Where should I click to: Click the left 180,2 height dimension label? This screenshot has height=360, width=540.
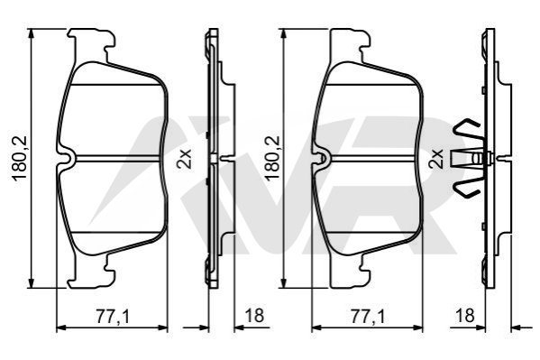(20, 159)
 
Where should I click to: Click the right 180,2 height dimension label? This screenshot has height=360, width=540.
(271, 159)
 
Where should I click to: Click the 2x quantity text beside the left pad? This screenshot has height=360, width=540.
(184, 159)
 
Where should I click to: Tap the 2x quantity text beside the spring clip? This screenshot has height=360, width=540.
(436, 159)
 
